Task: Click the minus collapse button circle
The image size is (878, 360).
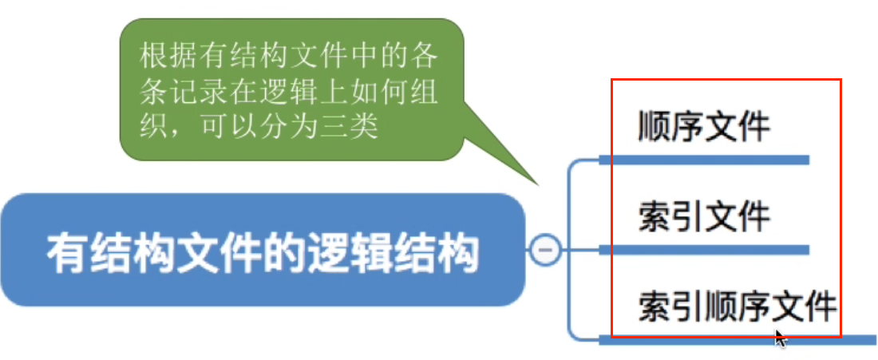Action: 546,250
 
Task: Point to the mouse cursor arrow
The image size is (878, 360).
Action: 780,338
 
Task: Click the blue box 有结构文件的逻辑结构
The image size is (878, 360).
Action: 263,250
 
